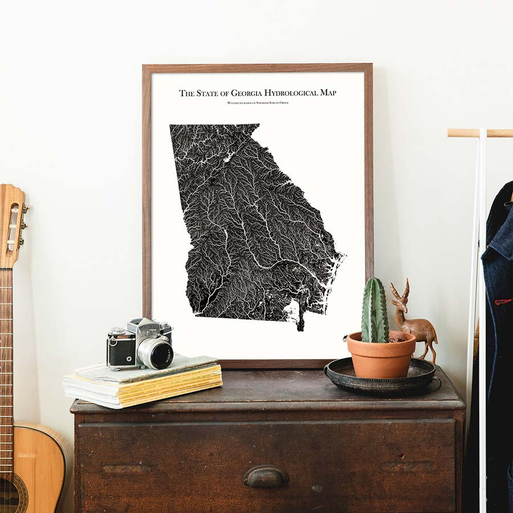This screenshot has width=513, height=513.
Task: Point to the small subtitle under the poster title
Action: click(x=257, y=103)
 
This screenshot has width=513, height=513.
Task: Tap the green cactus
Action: click(x=374, y=311)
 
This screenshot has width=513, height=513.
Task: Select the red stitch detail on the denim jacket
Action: click(x=503, y=301)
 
